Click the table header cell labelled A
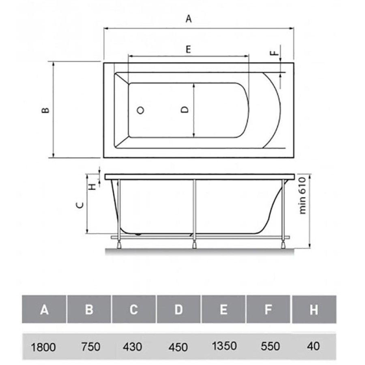[x=44, y=309]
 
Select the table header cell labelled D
[x=178, y=309]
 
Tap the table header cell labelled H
[x=314, y=309]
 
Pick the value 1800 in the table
[x=43, y=347]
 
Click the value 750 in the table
[x=91, y=347]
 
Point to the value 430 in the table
[x=133, y=347]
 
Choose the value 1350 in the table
[x=224, y=346]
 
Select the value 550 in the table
[x=270, y=346]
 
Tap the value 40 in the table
[x=313, y=346]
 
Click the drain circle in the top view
[x=140, y=110]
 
